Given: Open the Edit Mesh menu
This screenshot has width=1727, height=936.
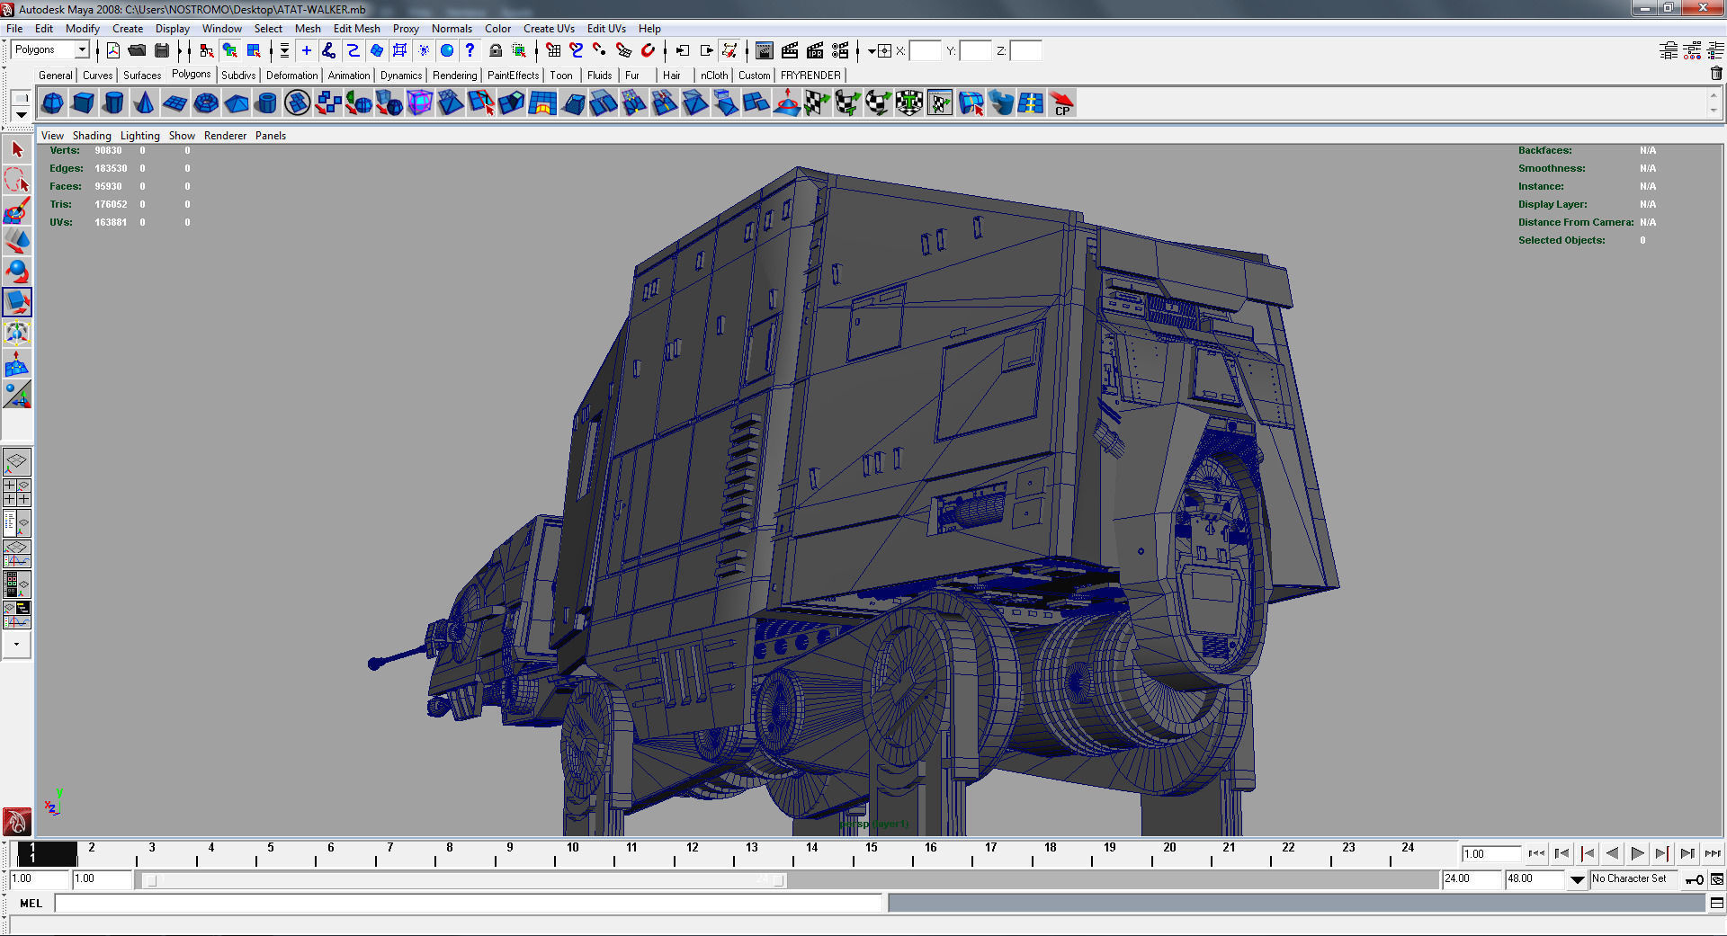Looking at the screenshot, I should point(356,29).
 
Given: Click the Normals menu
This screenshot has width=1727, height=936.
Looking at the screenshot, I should point(452,29).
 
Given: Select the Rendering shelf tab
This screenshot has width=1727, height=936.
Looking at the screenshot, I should point(454,76).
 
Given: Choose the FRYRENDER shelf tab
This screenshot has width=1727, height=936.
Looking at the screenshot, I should point(810,76).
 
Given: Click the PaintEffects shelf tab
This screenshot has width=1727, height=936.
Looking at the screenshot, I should point(513,76).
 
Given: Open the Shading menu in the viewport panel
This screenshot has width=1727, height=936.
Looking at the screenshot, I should point(92,136).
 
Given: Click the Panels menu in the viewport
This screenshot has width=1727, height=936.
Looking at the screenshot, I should point(270,136).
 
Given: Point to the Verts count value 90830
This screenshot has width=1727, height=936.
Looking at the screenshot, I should point(108,151).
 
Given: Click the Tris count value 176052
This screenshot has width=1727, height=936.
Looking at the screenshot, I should point(111,205).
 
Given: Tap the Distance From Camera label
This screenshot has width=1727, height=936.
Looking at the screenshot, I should point(1576,223).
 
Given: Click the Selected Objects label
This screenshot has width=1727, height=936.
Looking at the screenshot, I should point(1561,241).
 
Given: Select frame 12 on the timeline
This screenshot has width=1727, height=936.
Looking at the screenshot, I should point(692,848).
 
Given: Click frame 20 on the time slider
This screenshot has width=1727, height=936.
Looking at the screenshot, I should point(1169,848).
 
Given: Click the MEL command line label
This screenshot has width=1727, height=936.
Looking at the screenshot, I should point(31,904).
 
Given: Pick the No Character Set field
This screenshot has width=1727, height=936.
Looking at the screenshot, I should point(1629,879).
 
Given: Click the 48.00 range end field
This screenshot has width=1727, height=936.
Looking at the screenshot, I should point(1533,879).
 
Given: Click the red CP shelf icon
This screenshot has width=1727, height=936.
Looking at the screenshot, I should point(1062,103).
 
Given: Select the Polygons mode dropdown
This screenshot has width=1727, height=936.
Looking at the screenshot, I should point(51,50).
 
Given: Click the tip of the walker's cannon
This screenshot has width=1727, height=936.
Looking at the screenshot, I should point(374,664).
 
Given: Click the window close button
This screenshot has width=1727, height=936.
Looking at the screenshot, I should point(1703,8).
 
